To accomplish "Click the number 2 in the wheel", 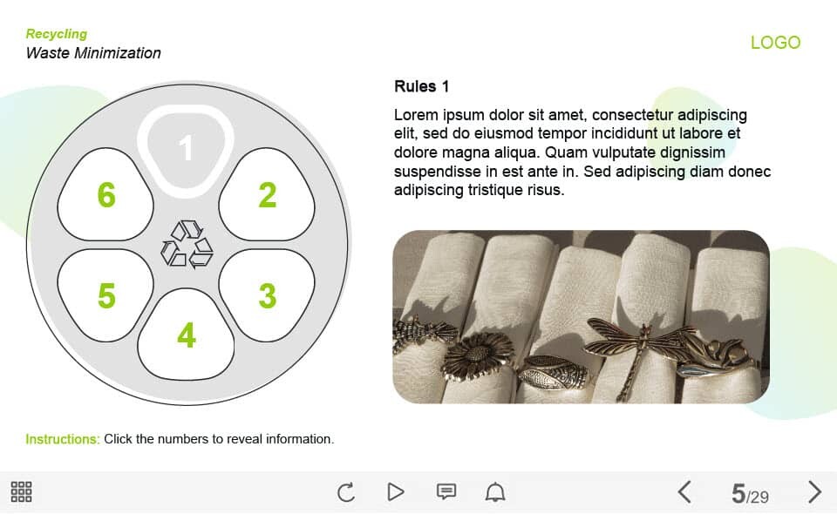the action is click(x=268, y=195).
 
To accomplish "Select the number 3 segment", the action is click(x=267, y=294).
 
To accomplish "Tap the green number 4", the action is click(x=187, y=335).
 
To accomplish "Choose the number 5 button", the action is click(x=105, y=294).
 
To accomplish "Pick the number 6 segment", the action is click(x=105, y=194).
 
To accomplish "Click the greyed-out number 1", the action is click(x=186, y=148).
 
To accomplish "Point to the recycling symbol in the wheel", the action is click(x=187, y=244).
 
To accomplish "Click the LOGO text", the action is click(x=776, y=43).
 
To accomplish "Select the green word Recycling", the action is click(x=57, y=34).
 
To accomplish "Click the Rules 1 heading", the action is click(x=421, y=86).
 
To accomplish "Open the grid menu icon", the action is click(x=21, y=491).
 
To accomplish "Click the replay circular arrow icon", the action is click(x=346, y=491).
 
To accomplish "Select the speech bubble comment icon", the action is click(x=446, y=491).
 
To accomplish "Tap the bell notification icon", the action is click(x=495, y=491).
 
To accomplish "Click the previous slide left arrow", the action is click(x=685, y=491).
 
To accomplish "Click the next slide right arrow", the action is click(x=814, y=491).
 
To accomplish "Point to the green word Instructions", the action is click(x=63, y=439).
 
